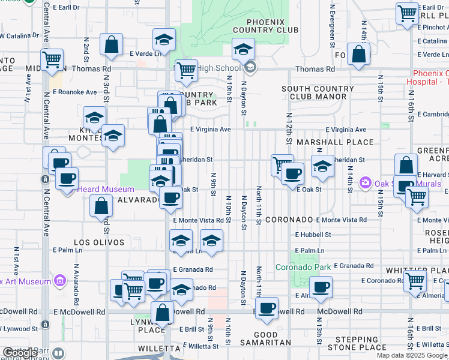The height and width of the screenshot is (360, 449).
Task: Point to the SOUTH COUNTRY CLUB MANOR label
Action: (x=317, y=92)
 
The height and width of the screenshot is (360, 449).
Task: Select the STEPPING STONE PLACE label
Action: (x=357, y=343)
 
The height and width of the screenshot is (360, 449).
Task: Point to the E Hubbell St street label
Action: (x=313, y=235)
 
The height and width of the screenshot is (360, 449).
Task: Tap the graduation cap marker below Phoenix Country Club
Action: (x=243, y=50)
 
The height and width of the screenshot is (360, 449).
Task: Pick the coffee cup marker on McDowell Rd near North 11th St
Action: (x=267, y=309)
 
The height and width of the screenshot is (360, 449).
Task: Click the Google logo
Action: (x=20, y=353)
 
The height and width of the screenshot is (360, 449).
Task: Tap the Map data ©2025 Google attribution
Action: (x=412, y=355)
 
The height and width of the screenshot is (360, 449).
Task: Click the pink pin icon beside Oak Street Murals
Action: (x=364, y=182)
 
